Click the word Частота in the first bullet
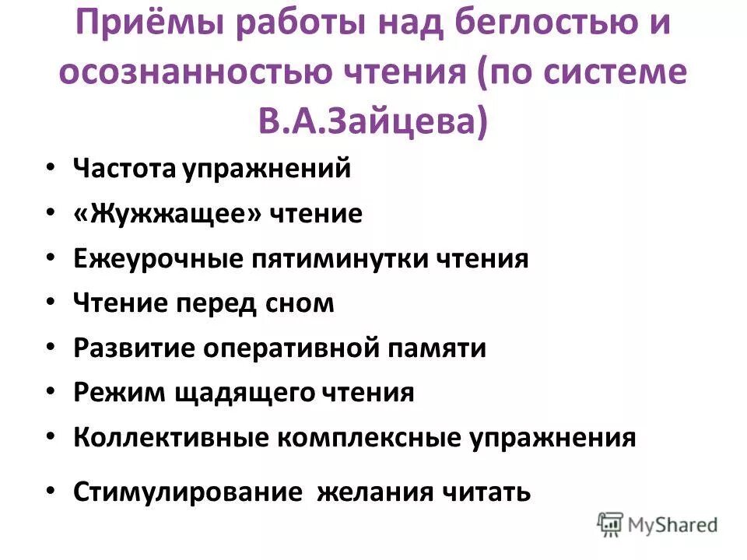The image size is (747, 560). [x=124, y=168]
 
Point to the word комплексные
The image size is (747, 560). [x=370, y=437]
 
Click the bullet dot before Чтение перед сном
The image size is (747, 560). [x=50, y=302]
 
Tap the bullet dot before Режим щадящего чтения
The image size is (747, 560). [x=50, y=391]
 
